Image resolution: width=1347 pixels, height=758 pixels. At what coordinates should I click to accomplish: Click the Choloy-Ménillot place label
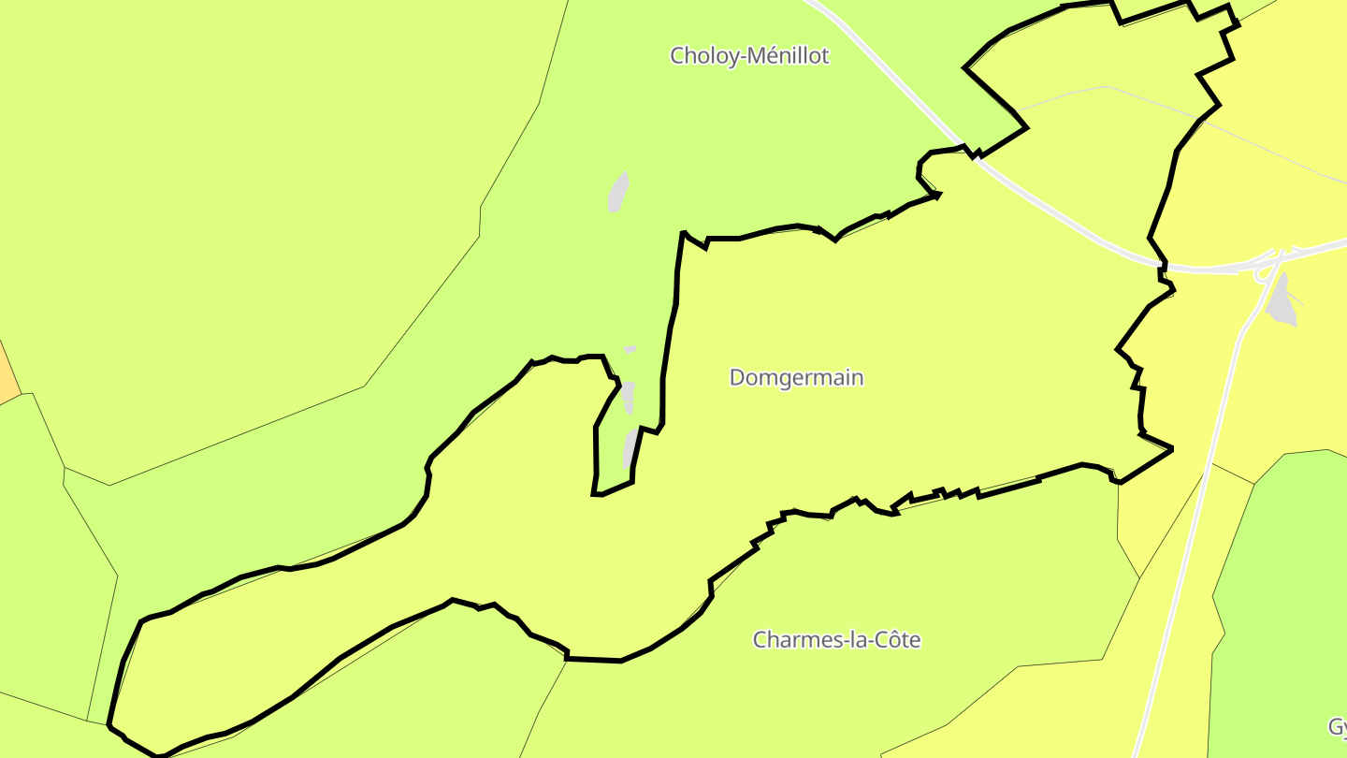(749, 56)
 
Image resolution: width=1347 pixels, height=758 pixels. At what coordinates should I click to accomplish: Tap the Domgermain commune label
(796, 378)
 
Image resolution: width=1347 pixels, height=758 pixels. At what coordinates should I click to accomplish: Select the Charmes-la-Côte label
(836, 640)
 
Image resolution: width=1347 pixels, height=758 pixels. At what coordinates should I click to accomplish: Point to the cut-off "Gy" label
(1337, 727)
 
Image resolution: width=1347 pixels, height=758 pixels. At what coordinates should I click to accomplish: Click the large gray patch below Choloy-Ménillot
(617, 193)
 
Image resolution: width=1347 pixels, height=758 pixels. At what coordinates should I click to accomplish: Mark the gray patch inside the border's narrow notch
(630, 447)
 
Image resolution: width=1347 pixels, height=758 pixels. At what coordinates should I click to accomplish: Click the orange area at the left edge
(7, 374)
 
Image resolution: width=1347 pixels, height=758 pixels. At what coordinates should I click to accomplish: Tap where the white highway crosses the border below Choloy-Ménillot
(975, 157)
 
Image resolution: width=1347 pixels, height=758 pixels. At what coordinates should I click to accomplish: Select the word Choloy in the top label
(705, 56)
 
